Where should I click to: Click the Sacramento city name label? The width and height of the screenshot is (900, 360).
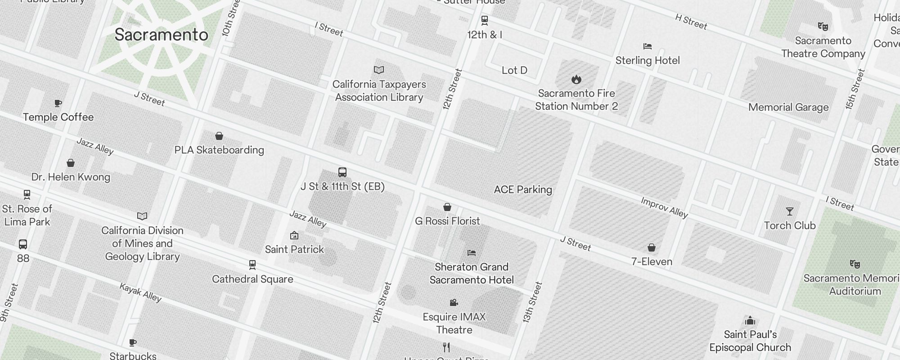[161, 35]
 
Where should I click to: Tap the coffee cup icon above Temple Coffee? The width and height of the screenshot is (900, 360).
[58, 103]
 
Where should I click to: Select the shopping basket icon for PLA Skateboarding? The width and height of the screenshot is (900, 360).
[219, 136]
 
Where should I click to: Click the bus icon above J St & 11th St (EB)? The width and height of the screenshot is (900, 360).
[342, 172]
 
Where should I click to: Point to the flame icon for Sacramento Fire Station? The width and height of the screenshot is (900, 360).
[576, 80]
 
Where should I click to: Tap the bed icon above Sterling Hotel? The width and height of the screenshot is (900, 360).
[648, 46]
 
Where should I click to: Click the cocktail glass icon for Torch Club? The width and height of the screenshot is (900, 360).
[790, 211]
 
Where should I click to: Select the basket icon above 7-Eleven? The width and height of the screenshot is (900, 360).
[652, 247]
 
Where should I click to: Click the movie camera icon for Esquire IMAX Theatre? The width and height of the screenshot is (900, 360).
[454, 303]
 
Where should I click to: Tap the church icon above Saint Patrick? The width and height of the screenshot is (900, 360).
[294, 235]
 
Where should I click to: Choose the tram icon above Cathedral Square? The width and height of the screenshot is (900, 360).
[252, 265]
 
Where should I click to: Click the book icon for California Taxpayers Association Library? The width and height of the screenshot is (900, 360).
[379, 70]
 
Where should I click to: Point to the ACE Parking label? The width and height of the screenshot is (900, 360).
[523, 189]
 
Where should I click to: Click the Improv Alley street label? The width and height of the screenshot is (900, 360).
[664, 207]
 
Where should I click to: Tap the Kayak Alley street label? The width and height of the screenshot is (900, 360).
[140, 292]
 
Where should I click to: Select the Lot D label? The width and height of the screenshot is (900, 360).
[514, 70]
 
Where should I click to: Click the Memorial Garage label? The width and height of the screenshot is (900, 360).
[788, 107]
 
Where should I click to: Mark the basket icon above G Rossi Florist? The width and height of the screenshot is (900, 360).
[447, 207]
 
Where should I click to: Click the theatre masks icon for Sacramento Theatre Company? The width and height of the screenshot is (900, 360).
[823, 27]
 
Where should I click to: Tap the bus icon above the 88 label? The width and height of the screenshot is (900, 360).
[23, 244]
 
